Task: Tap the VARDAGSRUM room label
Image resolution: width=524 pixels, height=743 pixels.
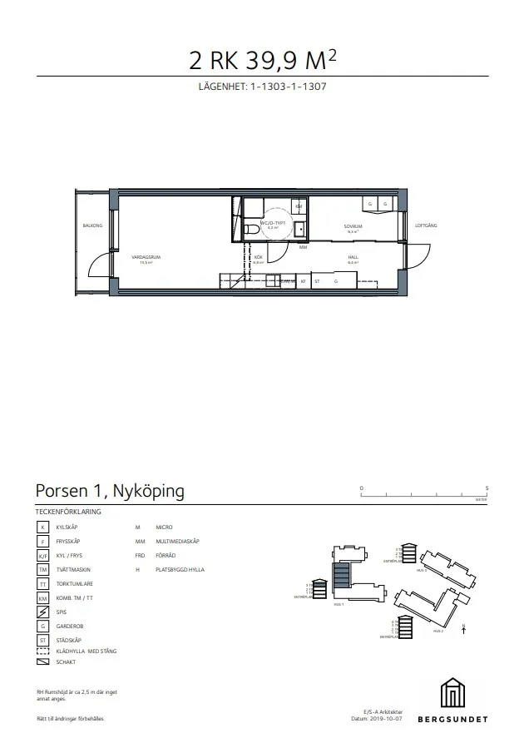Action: point(151,258)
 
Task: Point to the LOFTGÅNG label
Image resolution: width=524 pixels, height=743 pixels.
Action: point(426,225)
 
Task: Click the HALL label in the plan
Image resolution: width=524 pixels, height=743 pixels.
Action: point(353,258)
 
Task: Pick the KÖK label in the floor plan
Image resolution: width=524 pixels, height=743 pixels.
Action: point(259,258)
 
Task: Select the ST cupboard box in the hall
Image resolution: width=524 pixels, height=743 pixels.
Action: point(317,282)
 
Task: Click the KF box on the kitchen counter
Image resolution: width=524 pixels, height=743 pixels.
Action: point(304,282)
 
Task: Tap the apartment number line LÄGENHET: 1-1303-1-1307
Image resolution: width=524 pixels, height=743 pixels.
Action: point(261,87)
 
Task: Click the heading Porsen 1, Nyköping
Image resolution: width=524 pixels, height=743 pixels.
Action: point(111,491)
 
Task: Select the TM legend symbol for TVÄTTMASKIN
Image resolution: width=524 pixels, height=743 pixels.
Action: point(42,569)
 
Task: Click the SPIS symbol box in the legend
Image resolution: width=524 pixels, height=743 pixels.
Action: point(42,611)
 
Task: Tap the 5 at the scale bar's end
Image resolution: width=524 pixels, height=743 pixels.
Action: point(487,488)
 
